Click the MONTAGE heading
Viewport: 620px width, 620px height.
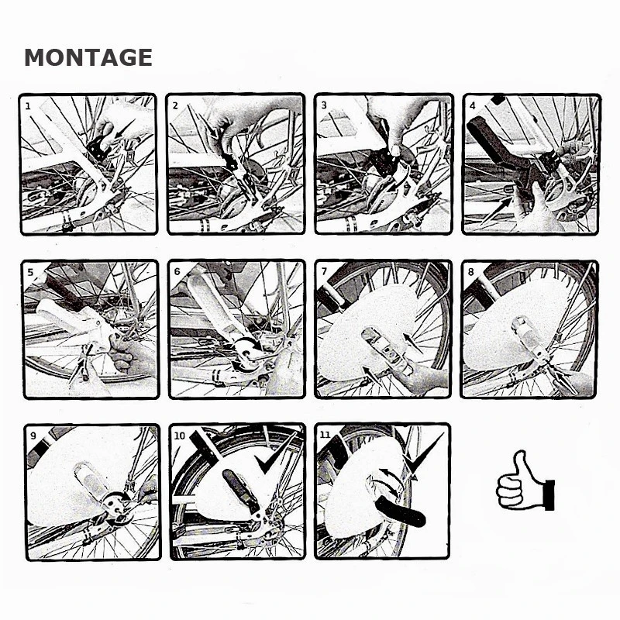click(x=88, y=57)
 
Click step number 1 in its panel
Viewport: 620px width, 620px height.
click(x=28, y=106)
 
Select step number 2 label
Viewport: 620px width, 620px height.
click(x=176, y=105)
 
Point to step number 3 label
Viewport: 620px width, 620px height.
click(x=324, y=105)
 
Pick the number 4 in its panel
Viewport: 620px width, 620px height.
click(x=473, y=105)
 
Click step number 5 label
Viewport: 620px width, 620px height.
click(x=31, y=272)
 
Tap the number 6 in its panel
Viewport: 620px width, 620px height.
click(x=177, y=272)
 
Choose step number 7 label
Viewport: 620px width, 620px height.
click(x=324, y=272)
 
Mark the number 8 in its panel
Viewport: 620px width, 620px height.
click(x=470, y=272)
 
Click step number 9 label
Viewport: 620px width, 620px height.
click(x=33, y=436)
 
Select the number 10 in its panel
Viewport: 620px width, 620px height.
click(x=180, y=436)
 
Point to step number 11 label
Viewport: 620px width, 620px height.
click(x=325, y=435)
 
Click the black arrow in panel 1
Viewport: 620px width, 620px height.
click(x=124, y=129)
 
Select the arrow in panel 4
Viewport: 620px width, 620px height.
click(x=496, y=211)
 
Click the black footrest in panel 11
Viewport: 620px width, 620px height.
click(x=401, y=511)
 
